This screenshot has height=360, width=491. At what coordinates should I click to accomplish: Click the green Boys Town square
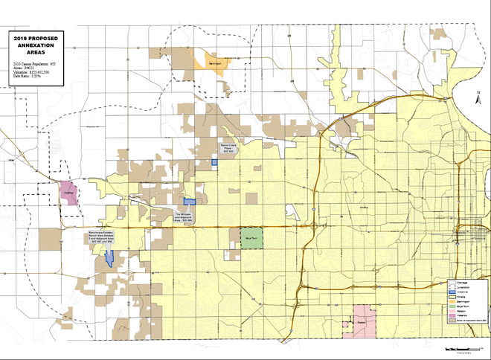click(251, 238)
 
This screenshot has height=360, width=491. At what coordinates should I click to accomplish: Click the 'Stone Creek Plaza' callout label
click(228, 148)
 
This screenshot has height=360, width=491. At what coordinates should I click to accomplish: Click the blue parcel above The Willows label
click(189, 202)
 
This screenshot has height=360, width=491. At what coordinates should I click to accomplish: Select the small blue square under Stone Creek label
click(214, 161)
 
